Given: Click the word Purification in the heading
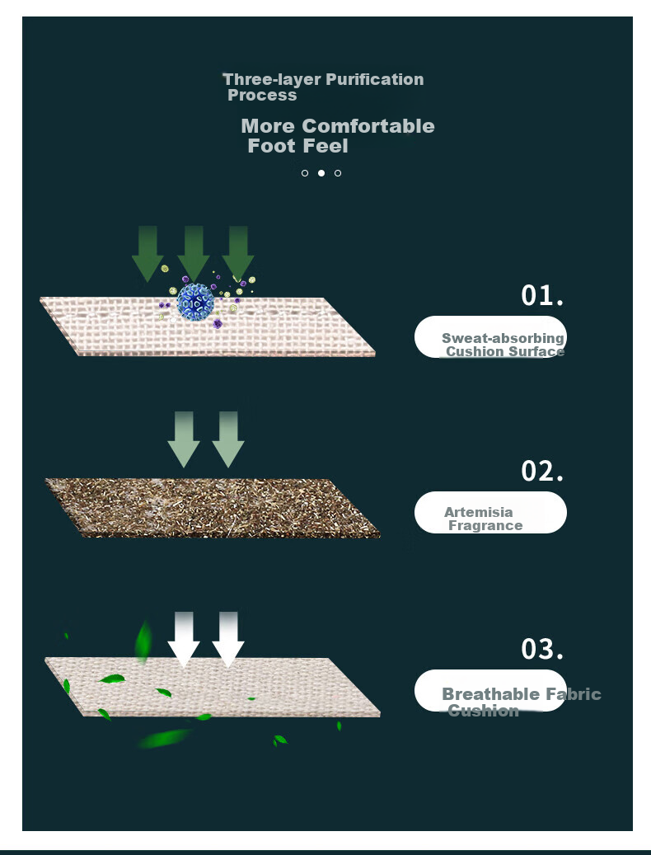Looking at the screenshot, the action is [374, 80].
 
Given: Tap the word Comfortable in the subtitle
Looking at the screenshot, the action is [368, 126].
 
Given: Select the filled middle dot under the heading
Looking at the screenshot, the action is [321, 173].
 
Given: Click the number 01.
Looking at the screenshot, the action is [542, 295].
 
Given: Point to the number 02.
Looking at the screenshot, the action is [542, 471].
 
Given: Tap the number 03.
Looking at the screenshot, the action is [542, 649].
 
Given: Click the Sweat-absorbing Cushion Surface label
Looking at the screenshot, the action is [503, 345].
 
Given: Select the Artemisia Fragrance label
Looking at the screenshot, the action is [483, 519].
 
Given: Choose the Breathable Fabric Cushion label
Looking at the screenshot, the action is [522, 702].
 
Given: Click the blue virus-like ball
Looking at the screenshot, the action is [195, 302].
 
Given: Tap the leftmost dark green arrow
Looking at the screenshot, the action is [148, 254].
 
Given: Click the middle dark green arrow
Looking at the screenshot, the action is [194, 254].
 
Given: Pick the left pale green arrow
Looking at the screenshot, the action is [184, 439].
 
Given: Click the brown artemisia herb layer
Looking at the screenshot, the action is [213, 508].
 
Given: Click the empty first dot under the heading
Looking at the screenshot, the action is [305, 173].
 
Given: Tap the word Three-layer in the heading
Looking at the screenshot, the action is [272, 80].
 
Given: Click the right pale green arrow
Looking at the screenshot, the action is [227, 439].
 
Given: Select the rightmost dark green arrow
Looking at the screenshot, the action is [238, 254].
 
